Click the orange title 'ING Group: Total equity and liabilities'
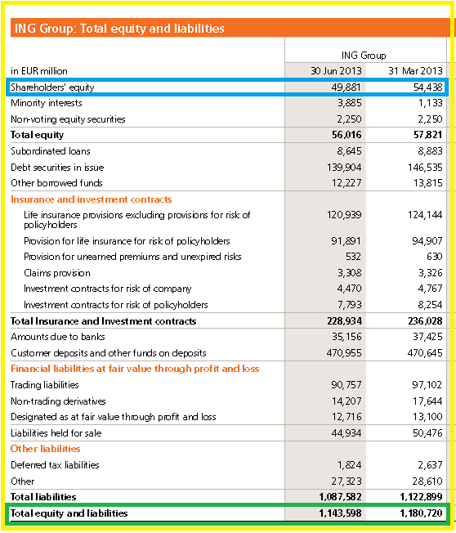click(x=119, y=29)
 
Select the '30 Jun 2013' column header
click(x=336, y=70)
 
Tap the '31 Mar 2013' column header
click(x=416, y=70)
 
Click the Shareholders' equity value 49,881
click(x=346, y=87)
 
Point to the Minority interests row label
click(x=47, y=103)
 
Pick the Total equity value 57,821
click(x=427, y=135)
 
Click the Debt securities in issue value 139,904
click(x=344, y=168)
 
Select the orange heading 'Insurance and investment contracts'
click(x=91, y=199)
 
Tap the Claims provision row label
click(x=57, y=273)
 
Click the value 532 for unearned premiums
click(x=353, y=257)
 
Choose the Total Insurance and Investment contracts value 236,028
click(x=425, y=321)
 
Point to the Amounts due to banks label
click(x=58, y=337)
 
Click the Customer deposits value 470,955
click(x=344, y=353)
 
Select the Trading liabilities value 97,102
click(x=427, y=385)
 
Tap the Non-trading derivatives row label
click(x=58, y=401)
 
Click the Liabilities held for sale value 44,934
click(x=346, y=433)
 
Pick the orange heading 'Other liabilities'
click(x=46, y=449)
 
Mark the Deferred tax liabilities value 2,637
click(x=430, y=465)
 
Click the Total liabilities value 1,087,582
click(x=341, y=497)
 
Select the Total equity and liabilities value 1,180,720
click(x=422, y=513)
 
